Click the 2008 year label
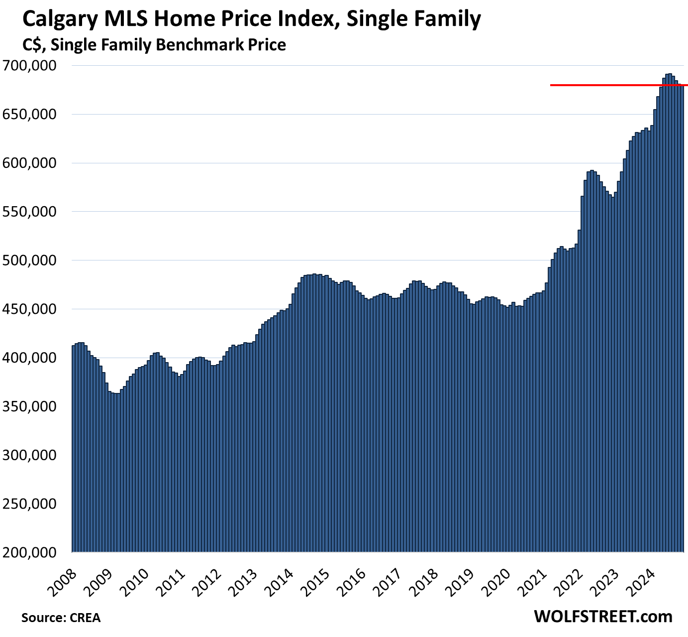pyautogui.click(x=63, y=578)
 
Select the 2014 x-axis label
pyautogui.click(x=279, y=578)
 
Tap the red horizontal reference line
pyautogui.click(x=597, y=85)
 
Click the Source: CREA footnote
pyautogui.click(x=61, y=618)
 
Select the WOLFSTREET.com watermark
pyautogui.click(x=603, y=616)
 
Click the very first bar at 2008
pyautogui.click(x=74, y=448)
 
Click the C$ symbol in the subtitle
pyautogui.click(x=33, y=45)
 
